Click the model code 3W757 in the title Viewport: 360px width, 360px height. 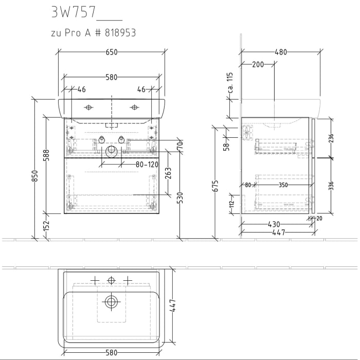(x=69, y=11)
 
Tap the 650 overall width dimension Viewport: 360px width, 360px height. (x=112, y=51)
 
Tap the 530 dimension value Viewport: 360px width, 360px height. (x=179, y=198)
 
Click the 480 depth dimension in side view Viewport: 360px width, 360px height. (x=280, y=51)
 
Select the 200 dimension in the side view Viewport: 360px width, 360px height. (x=258, y=64)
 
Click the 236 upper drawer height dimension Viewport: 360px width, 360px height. (x=331, y=137)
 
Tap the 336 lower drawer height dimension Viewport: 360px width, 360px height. (x=331, y=184)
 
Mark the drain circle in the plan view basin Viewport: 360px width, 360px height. (x=111, y=301)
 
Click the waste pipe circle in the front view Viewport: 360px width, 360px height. (x=111, y=151)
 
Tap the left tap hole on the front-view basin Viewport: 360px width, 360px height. (x=89, y=107)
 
